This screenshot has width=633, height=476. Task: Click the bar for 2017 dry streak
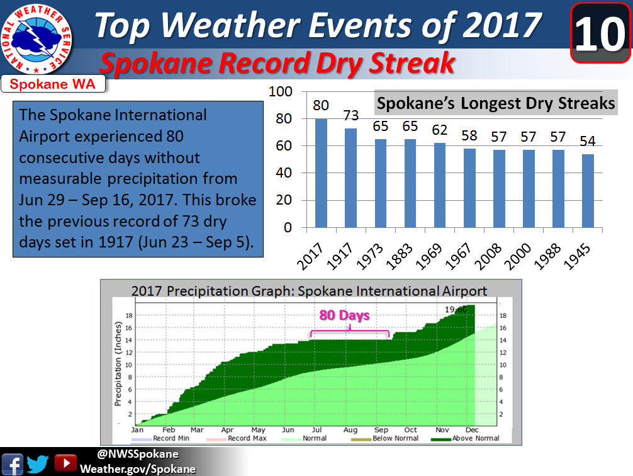pos(321,173)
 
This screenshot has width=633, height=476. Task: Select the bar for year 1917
pos(350,178)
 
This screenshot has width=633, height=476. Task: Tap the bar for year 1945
pos(588,191)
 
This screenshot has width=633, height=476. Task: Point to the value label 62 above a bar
pos(440,130)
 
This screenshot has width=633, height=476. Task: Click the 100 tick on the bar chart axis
pos(280,92)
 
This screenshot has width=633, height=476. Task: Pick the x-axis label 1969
pos(429,256)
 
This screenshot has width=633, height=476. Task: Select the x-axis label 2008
pos(488,256)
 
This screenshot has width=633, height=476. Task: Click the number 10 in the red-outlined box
pos(600,34)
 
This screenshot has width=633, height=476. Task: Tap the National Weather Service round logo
pos(36,39)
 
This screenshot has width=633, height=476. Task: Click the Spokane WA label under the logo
pos(52,84)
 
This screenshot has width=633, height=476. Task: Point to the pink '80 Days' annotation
pos(344,315)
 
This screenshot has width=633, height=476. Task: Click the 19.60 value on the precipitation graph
pos(456,310)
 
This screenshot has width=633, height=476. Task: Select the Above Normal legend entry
pos(466,438)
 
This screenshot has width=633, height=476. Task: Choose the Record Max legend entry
pos(237,438)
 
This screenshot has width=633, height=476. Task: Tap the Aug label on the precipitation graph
pos(350,430)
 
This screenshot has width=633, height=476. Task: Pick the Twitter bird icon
pos(38,464)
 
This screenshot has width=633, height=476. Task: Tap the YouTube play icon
pos(65,463)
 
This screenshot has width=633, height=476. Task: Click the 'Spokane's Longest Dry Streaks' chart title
pos(496,103)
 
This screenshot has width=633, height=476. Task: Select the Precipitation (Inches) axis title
pos(118,364)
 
